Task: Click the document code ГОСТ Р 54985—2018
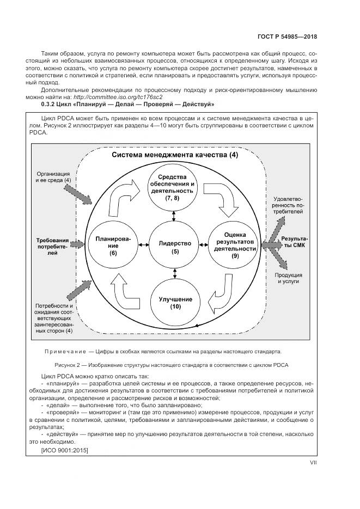tap(286, 38)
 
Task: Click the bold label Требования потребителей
tap(52, 246)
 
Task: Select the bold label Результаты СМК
tap(295, 243)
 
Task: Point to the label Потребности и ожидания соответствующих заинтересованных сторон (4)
tap(53, 318)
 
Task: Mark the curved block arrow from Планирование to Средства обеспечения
tap(123, 199)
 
